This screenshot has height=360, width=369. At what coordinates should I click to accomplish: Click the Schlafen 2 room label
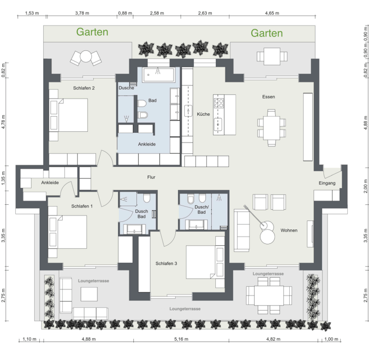pyautogui.click(x=84, y=88)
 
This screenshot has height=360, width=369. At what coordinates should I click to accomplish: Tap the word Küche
pyautogui.click(x=203, y=114)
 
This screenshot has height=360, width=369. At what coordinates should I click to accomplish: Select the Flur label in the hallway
pyautogui.click(x=151, y=177)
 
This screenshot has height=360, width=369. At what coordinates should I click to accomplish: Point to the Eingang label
pyautogui.click(x=327, y=183)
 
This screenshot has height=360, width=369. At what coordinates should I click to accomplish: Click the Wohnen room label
pyautogui.click(x=289, y=230)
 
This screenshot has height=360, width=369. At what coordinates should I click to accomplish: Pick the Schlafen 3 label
pyautogui.click(x=166, y=263)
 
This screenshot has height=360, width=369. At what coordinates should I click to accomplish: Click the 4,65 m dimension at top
pyautogui.click(x=272, y=13)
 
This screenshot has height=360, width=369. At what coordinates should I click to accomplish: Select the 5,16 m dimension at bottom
pyautogui.click(x=181, y=339)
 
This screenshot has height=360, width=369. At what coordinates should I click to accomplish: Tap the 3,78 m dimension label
pyautogui.click(x=82, y=13)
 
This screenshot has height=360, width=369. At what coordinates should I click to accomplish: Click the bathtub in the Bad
pyautogui.click(x=159, y=75)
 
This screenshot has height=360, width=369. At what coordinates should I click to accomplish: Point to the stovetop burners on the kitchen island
pyautogui.click(x=219, y=103)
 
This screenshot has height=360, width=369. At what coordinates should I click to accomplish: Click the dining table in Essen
pyautogui.click(x=271, y=128)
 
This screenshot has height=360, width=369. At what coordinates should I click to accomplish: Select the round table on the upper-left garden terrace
pyautogui.click(x=86, y=56)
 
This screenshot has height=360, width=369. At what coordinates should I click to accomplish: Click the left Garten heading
pyautogui.click(x=92, y=32)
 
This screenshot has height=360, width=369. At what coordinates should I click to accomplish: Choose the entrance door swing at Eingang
pyautogui.click(x=332, y=172)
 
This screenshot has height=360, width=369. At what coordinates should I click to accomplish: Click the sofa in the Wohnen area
pyautogui.click(x=242, y=230)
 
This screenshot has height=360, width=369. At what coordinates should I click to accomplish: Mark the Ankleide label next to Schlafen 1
pyautogui.click(x=50, y=183)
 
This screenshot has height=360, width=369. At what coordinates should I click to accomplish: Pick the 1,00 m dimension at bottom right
pyautogui.click(x=331, y=339)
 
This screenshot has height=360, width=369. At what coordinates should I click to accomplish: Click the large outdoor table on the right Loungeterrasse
pyautogui.click(x=269, y=295)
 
